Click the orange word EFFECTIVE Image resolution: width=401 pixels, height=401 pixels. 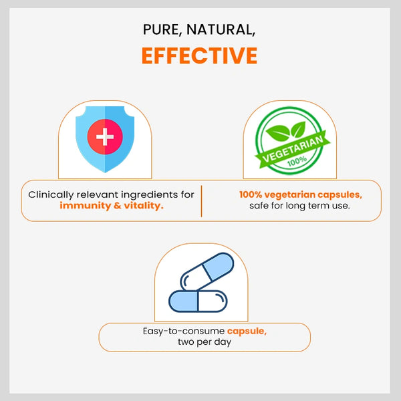(x=199, y=55)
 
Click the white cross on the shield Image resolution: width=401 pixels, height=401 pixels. (x=105, y=137)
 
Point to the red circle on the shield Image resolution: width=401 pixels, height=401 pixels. (x=105, y=137)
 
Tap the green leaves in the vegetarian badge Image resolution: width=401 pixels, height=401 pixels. (x=286, y=132)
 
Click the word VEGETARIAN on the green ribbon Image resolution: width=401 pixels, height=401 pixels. (x=293, y=149)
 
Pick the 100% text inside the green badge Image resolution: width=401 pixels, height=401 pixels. (x=297, y=161)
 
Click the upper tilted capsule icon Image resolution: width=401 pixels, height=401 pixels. (x=207, y=271)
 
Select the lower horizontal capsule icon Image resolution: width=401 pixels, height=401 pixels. (x=198, y=301)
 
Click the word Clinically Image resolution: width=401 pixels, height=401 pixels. (x=51, y=195)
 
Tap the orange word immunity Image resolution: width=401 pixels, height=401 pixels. (x=85, y=206)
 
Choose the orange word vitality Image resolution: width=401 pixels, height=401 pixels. (x=144, y=206)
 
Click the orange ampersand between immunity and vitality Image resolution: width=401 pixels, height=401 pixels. (x=118, y=206)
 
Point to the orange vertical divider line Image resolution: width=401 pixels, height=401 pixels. (x=202, y=201)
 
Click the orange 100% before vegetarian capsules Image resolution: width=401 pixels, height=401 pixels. (x=251, y=194)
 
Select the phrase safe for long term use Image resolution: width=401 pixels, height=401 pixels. (x=299, y=206)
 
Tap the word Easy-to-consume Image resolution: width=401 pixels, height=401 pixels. (x=184, y=331)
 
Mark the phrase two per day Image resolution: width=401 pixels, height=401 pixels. (x=205, y=342)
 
